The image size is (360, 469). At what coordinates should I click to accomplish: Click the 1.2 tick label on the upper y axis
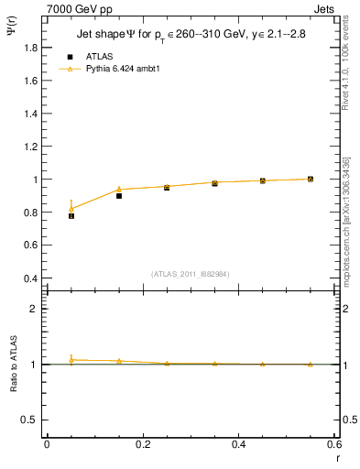pyautogui.click(x=33, y=147)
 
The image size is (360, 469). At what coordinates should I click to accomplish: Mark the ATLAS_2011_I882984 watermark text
pyautogui.click(x=190, y=274)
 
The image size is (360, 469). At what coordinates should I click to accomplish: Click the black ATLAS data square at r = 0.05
pyautogui.click(x=71, y=216)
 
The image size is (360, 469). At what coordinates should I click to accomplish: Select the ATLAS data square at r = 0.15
pyautogui.click(x=119, y=196)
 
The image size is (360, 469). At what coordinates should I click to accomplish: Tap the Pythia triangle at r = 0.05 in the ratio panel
pyautogui.click(x=71, y=359)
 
